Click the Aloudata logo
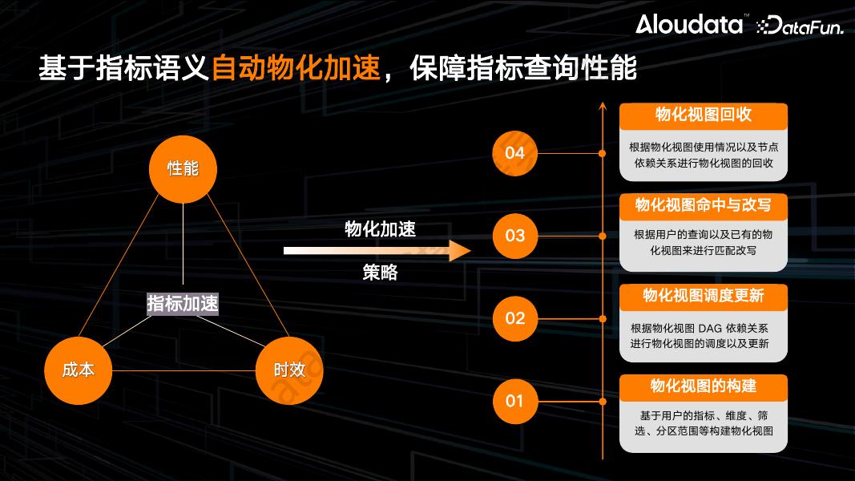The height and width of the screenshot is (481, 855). point(689,24)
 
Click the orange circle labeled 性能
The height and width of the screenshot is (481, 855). point(183,168)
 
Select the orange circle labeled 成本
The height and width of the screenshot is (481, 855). point(78,370)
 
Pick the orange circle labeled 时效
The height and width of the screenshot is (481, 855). point(289,370)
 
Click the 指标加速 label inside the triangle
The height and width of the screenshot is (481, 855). point(183,304)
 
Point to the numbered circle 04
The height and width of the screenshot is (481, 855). point(514,152)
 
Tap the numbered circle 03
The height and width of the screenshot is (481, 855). point(514,235)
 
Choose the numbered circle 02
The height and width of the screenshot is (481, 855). point(514,318)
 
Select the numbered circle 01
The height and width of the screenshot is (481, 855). point(514,400)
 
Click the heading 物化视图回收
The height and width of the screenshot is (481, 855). point(703,115)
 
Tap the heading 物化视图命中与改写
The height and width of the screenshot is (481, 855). point(703,205)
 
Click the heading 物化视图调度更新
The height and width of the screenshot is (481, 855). point(703,296)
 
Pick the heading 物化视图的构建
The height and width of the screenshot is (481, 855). point(703,386)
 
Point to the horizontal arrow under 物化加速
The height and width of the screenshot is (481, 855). point(377,251)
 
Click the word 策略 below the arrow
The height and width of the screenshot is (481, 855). point(380,273)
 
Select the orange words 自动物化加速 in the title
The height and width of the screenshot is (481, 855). point(295,69)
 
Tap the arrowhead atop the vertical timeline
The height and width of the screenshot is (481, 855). point(602,106)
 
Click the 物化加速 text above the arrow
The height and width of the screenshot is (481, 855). point(380,229)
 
